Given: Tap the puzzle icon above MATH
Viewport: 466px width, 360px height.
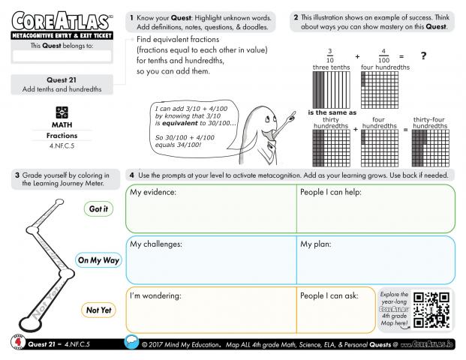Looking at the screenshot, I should coord(62,111).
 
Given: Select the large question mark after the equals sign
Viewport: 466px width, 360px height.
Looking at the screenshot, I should coord(423,57).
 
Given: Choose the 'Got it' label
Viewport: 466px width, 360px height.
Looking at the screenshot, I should coord(98,209).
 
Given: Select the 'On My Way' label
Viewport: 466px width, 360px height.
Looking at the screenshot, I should coord(98,260).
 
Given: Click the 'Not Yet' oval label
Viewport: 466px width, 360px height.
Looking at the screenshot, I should coord(98,310).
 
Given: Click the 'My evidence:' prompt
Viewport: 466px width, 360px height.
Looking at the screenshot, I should coord(153,193).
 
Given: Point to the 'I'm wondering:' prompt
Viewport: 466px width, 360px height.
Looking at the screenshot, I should coord(156,295).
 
